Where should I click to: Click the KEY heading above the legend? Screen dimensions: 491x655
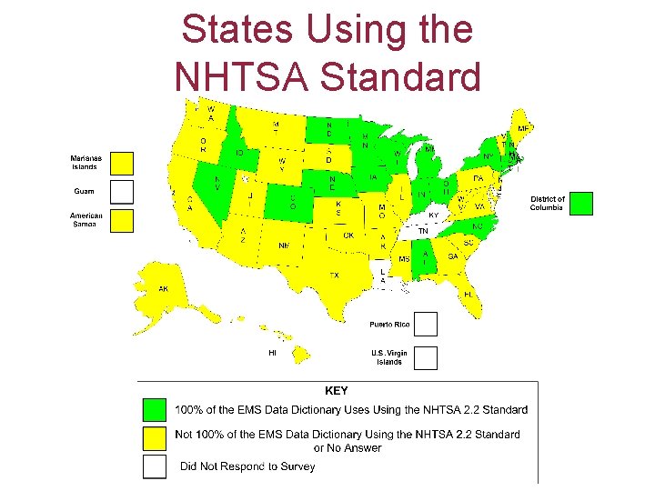click(337, 391)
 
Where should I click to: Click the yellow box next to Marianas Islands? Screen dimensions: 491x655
click(122, 164)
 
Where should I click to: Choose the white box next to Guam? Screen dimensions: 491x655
click(122, 192)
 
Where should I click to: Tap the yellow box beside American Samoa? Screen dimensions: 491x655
click(122, 221)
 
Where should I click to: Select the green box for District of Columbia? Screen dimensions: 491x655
click(581, 204)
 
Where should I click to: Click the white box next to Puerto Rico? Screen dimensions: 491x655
click(426, 325)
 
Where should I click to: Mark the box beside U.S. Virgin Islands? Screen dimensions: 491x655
click(426, 357)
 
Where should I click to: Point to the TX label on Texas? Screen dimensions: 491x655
click(334, 275)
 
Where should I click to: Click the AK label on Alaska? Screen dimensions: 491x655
click(163, 289)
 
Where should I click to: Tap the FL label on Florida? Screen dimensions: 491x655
click(468, 295)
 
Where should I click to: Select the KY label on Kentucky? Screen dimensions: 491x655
click(433, 215)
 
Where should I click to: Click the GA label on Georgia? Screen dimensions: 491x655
click(452, 256)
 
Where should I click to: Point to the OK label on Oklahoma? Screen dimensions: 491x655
click(348, 235)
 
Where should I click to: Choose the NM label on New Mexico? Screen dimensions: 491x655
click(284, 245)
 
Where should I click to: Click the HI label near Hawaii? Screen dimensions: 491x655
click(272, 352)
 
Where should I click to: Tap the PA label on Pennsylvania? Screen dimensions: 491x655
click(477, 178)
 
